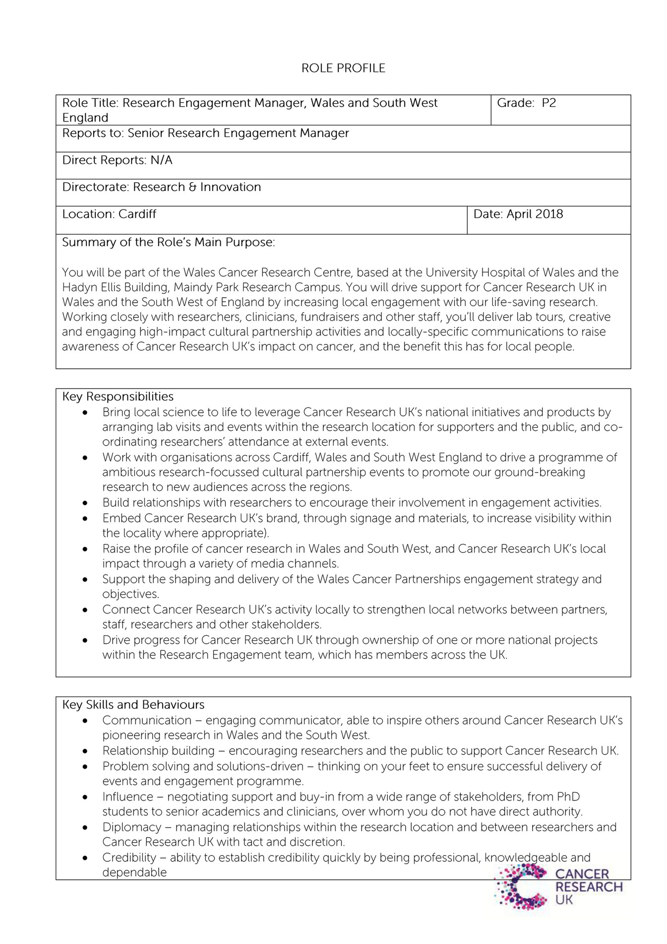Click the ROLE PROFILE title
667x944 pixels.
pos(343,68)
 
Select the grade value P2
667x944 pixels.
pos(548,103)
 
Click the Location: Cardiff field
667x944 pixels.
pos(109,214)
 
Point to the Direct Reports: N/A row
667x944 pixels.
pos(117,160)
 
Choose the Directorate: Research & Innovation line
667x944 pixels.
pos(161,187)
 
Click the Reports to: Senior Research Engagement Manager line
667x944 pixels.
pos(205,133)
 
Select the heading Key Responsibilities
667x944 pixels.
pos(118,397)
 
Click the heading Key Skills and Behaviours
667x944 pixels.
pos(133,705)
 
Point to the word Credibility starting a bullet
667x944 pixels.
pos(129,858)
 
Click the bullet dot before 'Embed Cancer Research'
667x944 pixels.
pos(86,519)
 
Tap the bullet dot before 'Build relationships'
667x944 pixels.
pos(86,503)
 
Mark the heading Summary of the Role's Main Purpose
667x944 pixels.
pos(168,242)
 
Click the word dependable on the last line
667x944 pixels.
pos(134,873)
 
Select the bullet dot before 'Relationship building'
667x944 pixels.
pos(86,751)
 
